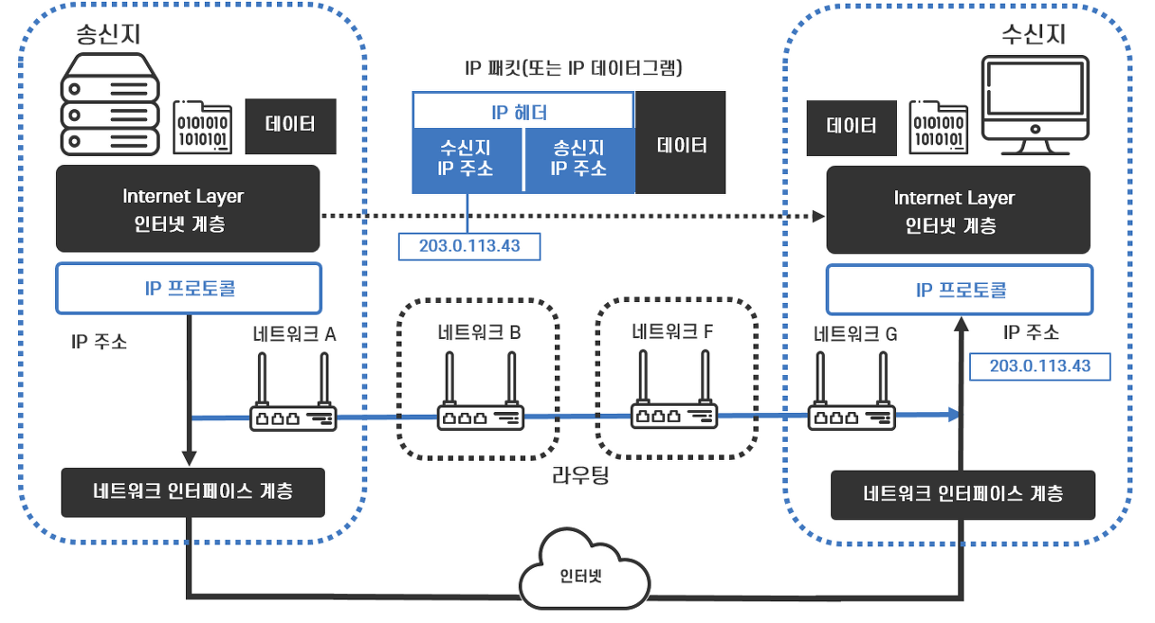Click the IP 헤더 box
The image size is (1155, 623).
(523, 113)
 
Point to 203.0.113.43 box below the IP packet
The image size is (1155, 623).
(469, 245)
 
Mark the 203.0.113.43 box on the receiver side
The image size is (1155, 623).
(1039, 365)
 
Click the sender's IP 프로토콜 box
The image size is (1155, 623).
(189, 289)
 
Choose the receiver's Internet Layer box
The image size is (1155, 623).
(958, 211)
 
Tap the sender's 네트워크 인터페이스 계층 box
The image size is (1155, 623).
(192, 492)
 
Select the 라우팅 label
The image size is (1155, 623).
(580, 475)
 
